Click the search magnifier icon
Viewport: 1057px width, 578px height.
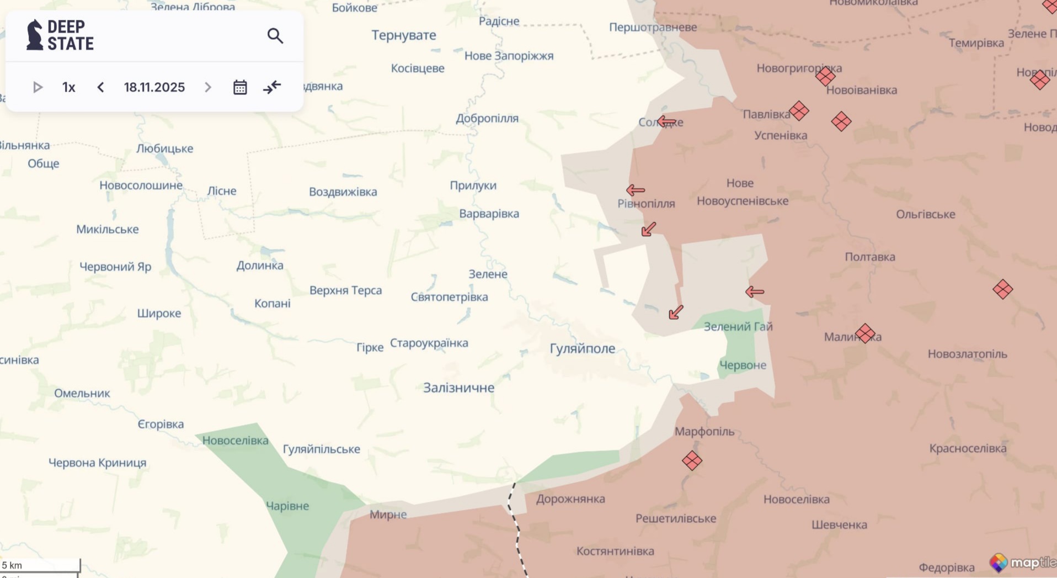[x=275, y=36]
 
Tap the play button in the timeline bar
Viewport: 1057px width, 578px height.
[x=38, y=87]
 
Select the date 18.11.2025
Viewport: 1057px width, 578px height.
[x=154, y=87]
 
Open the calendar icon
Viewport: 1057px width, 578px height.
[x=239, y=87]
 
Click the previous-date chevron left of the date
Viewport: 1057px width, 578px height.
[x=100, y=87]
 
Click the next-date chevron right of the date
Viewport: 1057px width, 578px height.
[x=207, y=87]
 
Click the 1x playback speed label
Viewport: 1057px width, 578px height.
[x=68, y=87]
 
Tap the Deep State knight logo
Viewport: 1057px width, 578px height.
[x=34, y=35]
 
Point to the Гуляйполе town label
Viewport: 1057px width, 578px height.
[x=582, y=348]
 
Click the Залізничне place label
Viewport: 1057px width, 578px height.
[x=458, y=388]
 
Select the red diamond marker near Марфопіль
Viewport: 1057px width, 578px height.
[x=692, y=460]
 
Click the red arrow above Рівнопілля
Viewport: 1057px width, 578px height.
[x=636, y=190]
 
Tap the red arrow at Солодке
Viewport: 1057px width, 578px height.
[x=666, y=121]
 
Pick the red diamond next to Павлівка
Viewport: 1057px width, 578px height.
[x=799, y=111]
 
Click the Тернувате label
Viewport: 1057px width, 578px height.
[x=403, y=35]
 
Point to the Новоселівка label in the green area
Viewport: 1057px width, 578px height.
[x=235, y=441]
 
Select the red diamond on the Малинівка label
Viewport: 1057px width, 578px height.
[x=865, y=333]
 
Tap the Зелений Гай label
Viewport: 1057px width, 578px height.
[x=738, y=326]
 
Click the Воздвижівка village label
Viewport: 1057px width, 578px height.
[x=343, y=192]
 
